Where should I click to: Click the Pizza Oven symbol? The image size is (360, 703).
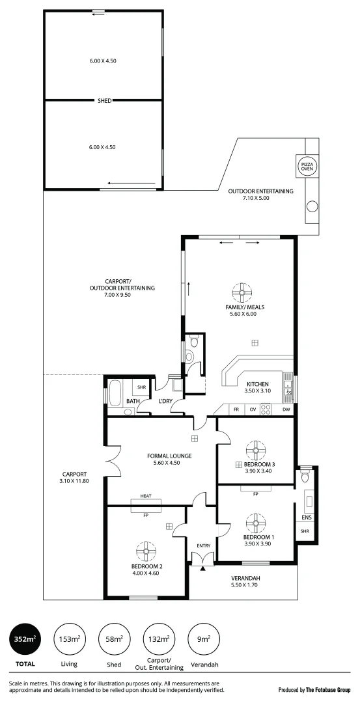point(305,165)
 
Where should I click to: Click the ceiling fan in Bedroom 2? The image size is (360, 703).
point(143,551)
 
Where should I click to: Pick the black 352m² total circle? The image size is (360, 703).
point(25,640)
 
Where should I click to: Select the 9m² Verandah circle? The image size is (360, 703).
point(203,640)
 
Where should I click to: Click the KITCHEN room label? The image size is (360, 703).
point(258,383)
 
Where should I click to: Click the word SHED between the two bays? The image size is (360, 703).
point(104,100)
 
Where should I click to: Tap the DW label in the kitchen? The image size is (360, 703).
point(286,409)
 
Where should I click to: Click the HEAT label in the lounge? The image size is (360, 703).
point(146,496)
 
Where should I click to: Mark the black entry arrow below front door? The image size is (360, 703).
point(202,568)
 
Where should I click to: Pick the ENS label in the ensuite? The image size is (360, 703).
point(306,518)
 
